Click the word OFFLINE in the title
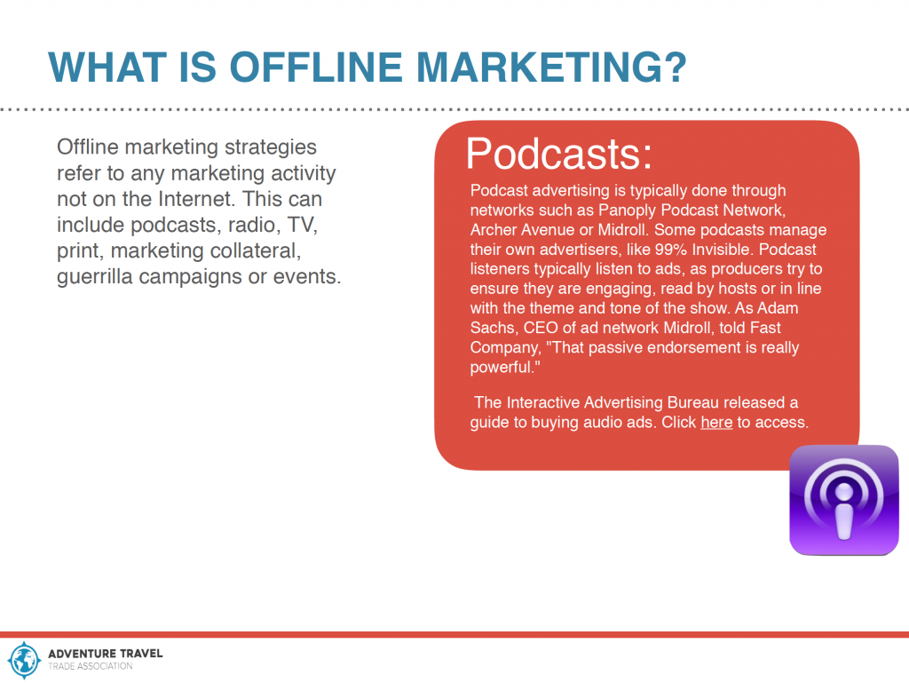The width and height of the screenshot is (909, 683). (316, 68)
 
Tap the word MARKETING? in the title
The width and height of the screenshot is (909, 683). (551, 68)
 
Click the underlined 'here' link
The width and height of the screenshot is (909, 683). (716, 422)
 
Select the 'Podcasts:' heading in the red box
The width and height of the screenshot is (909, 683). (559, 154)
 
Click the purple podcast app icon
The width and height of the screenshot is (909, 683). (843, 500)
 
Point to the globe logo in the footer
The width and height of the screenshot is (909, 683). (24, 660)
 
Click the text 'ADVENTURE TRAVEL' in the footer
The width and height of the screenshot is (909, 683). (106, 654)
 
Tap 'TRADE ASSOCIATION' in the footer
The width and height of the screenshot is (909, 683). (91, 666)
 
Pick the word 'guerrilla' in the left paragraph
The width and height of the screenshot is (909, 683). (95, 277)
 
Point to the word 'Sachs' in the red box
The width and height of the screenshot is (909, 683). (494, 328)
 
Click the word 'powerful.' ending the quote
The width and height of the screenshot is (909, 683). (505, 368)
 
